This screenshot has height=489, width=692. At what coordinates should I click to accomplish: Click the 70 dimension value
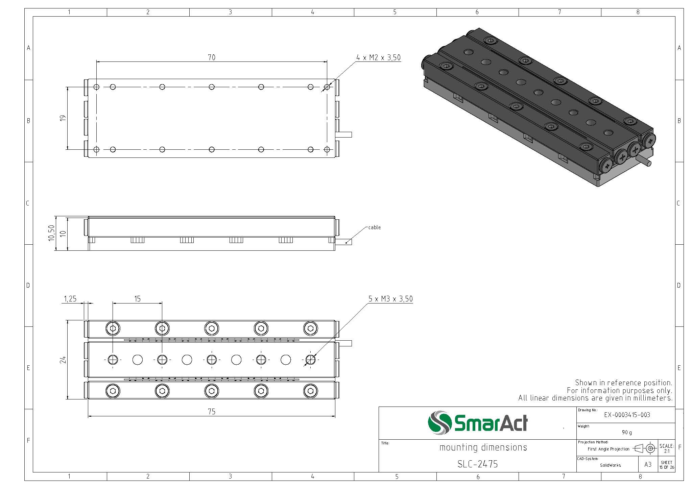click(x=211, y=57)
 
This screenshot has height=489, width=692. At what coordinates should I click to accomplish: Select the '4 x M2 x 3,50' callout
click(x=378, y=57)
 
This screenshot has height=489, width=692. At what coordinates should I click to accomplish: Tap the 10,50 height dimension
click(x=51, y=233)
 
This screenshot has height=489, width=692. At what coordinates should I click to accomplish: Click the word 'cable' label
click(x=375, y=227)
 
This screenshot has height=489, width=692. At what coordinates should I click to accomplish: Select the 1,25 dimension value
click(x=70, y=299)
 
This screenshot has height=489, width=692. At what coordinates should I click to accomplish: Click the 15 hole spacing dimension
click(x=137, y=299)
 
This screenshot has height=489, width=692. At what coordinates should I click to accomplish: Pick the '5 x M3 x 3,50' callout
click(x=390, y=299)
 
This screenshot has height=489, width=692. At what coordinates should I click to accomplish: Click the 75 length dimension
click(x=211, y=412)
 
